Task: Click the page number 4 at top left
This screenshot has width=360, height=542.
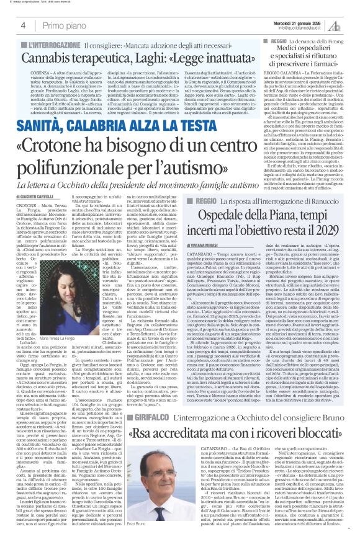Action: click(22, 25)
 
